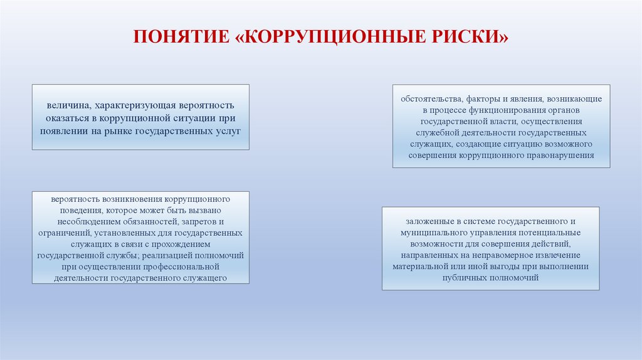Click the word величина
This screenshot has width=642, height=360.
click(66, 106)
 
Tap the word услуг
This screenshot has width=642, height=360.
click(228, 130)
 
